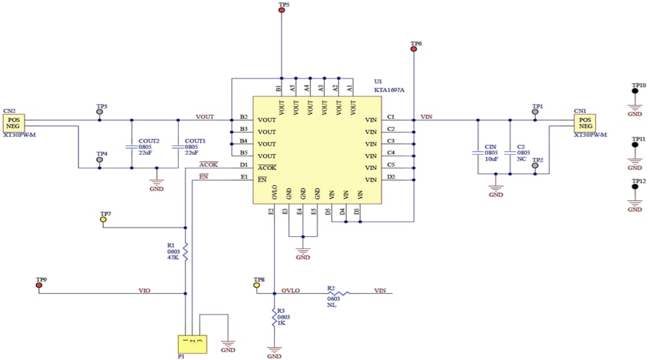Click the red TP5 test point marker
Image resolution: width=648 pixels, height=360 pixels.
point(281,12)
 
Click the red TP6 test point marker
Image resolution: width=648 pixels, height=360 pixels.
point(414,50)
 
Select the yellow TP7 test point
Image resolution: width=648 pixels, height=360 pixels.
point(103,220)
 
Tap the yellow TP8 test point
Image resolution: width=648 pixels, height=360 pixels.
point(256,285)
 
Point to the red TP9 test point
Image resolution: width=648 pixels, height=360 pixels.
point(39,285)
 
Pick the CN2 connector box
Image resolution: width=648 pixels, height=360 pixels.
point(16,122)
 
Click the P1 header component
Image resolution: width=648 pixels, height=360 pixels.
point(192,343)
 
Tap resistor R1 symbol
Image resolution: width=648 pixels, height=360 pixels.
point(186,251)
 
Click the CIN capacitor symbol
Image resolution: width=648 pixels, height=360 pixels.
point(477,153)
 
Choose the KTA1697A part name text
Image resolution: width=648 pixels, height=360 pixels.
point(389,91)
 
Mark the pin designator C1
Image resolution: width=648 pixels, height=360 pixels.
point(390,117)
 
